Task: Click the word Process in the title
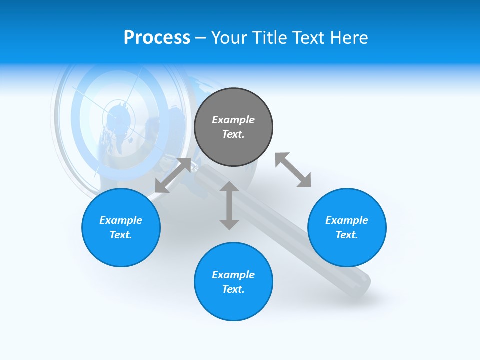(x=157, y=38)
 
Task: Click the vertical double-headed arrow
(x=229, y=205)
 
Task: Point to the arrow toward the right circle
(x=293, y=170)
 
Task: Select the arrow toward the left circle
(x=173, y=175)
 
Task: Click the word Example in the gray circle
(x=233, y=120)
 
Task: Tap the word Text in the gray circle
(x=233, y=134)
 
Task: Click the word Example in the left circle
(x=121, y=220)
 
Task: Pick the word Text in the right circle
(x=346, y=235)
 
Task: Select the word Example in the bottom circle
(x=233, y=275)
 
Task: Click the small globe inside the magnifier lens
(x=118, y=120)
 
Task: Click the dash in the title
(x=201, y=38)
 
